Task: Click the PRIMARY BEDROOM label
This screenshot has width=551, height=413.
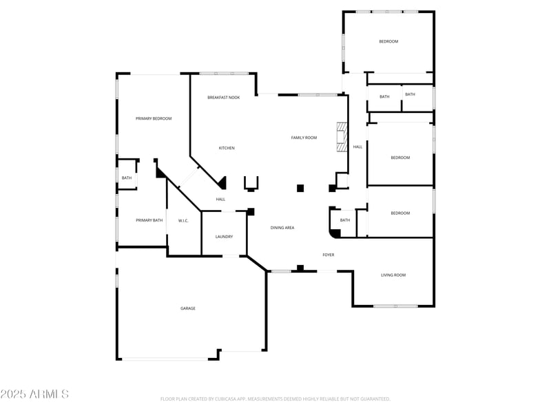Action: coord(154,118)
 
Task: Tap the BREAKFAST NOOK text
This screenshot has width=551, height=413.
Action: coord(223,98)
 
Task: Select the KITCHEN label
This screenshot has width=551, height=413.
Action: coord(227,148)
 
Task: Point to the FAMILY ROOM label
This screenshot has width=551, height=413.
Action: coord(304,138)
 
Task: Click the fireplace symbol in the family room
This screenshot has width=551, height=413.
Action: coord(340,137)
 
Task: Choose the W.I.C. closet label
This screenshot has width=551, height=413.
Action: coord(183,220)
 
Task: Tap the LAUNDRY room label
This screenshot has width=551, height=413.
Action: coord(224,237)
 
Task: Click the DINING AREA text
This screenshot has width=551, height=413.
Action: coord(282,227)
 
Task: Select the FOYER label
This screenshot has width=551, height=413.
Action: coord(329,255)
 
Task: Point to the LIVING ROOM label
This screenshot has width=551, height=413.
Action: coord(393,275)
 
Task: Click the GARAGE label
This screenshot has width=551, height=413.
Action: coord(188,308)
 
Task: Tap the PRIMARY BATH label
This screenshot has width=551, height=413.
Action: coord(149,220)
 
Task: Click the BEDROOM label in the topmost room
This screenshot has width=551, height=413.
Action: coord(388,41)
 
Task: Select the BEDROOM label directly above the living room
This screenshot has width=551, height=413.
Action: coord(400,213)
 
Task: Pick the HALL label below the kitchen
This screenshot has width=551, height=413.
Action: coord(220,200)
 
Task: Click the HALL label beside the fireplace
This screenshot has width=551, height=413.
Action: coord(357,147)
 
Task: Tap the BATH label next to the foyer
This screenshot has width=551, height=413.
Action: coord(344,220)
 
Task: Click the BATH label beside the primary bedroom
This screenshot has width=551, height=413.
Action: coord(127,178)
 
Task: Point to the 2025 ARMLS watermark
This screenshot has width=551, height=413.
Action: coord(34,394)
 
